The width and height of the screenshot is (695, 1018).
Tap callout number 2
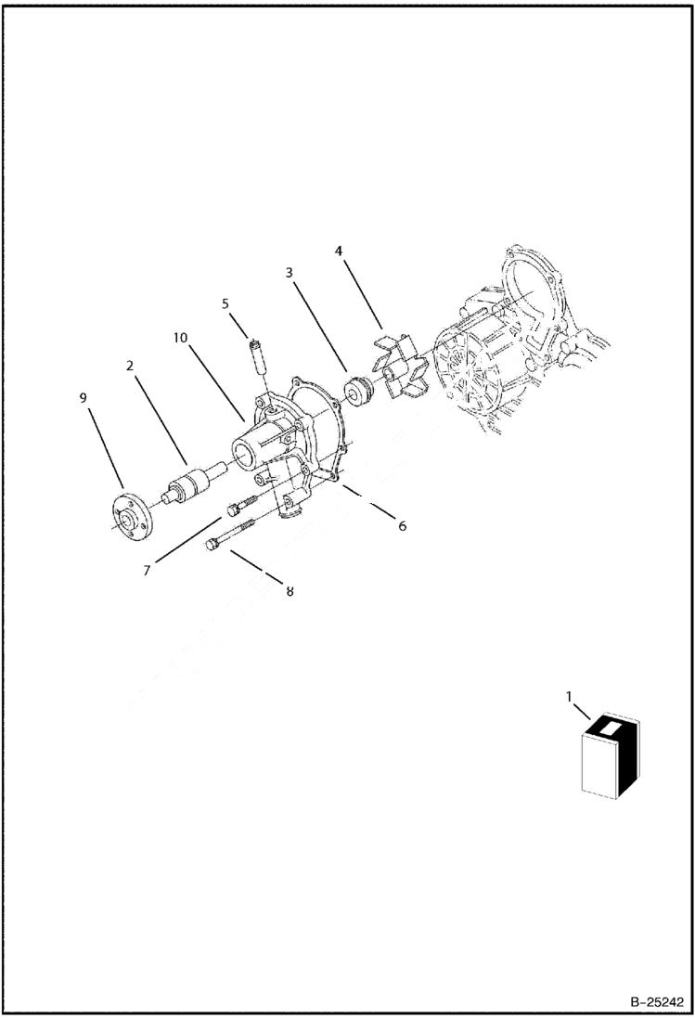coord(131,366)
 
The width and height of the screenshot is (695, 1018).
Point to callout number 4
coord(339,251)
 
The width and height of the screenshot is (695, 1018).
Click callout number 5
coord(225,303)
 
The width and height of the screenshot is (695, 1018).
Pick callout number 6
coord(402,526)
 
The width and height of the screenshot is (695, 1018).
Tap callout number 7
coord(147,570)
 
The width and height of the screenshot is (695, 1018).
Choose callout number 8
coord(290,591)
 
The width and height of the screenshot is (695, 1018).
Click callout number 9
coord(83,398)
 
